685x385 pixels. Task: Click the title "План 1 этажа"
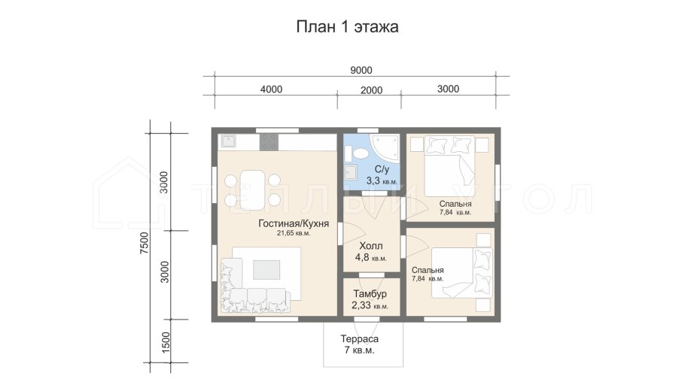[x=347, y=28]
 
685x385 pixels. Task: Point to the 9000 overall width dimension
[x=361, y=70]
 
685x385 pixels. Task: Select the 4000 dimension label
[x=271, y=89]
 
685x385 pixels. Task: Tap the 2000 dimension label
[x=371, y=90]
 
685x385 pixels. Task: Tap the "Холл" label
[x=370, y=246]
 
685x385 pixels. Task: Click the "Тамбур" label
[x=370, y=294]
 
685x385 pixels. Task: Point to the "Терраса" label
[x=358, y=338]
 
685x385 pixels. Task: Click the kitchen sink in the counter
[x=228, y=141]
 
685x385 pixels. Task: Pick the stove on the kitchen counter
[x=269, y=141]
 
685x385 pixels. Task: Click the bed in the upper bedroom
[x=449, y=165]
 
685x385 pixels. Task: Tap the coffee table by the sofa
[x=266, y=269]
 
